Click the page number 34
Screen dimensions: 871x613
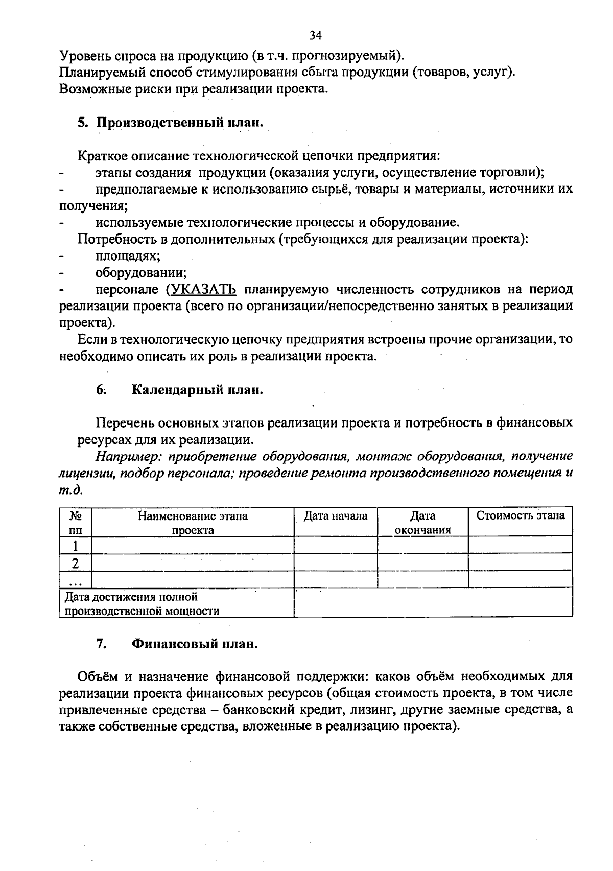(x=315, y=35)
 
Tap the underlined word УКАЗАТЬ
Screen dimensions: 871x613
(x=201, y=289)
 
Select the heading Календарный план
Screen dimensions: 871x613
(x=197, y=390)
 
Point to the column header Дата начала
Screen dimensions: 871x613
(x=336, y=516)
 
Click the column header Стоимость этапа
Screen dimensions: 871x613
(x=520, y=515)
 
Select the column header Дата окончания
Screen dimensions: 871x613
(x=422, y=523)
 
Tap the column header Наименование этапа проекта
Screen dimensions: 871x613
(x=193, y=523)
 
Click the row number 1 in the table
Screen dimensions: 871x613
(x=76, y=546)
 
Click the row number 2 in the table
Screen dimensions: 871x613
(x=76, y=563)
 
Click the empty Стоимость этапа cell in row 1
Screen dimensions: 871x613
(x=520, y=545)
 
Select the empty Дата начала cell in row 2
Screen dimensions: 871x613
(x=336, y=562)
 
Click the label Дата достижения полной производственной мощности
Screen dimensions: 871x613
(x=142, y=603)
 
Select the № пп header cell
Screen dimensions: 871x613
(x=76, y=523)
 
